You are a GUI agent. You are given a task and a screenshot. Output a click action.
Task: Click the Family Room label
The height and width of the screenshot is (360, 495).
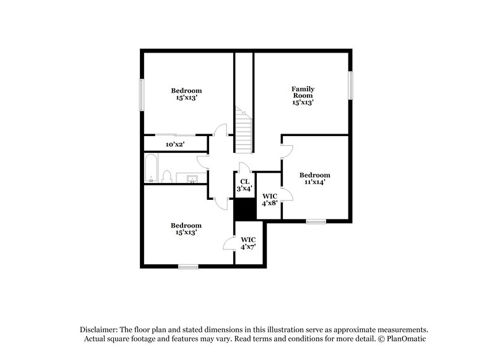303,96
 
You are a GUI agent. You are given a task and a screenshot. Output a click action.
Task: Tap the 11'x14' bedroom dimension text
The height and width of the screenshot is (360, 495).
314,182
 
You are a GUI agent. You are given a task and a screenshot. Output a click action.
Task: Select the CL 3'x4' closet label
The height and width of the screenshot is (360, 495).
244,185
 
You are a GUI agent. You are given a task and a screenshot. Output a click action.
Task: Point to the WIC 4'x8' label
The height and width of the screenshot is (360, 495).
269,199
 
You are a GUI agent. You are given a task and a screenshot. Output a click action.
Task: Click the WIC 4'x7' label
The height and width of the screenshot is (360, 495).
248,242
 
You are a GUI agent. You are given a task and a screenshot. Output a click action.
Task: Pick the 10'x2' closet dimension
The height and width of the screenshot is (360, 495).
175,144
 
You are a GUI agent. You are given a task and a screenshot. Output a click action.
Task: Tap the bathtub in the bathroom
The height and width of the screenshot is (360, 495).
152,169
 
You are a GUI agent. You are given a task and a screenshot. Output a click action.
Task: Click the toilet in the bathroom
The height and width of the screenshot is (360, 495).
166,178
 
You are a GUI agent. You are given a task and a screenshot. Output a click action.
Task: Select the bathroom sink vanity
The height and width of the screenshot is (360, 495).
193,179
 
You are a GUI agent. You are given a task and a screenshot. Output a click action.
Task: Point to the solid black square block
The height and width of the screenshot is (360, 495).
245,208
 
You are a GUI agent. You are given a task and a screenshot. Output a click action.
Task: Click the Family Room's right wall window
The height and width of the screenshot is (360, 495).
350,84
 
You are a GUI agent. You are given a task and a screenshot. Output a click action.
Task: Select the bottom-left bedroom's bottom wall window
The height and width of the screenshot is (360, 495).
188,267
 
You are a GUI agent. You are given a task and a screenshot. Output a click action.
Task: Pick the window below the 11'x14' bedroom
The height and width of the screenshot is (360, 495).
316,221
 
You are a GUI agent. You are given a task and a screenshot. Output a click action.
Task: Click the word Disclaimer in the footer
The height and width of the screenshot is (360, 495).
100,330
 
